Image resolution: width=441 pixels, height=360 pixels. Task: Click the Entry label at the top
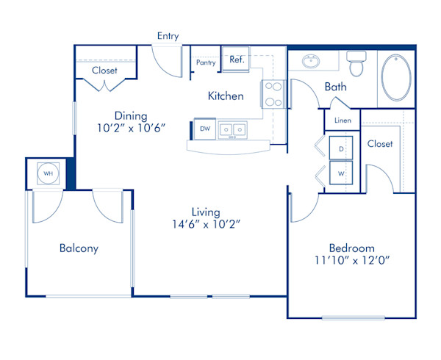click(x=168, y=36)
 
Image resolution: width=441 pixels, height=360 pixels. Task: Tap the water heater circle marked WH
click(x=48, y=173)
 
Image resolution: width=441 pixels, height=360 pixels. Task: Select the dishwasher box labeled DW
click(x=205, y=129)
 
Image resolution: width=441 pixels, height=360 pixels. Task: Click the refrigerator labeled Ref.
click(x=237, y=60)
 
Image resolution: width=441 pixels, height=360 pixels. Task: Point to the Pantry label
click(x=207, y=63)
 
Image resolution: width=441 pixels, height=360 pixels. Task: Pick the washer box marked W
click(x=341, y=173)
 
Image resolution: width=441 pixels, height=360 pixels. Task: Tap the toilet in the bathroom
click(x=356, y=64)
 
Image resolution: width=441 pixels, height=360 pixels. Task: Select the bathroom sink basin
click(x=312, y=60)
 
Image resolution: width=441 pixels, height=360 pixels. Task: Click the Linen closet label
click(x=343, y=120)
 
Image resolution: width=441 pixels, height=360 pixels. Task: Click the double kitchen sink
click(x=234, y=129)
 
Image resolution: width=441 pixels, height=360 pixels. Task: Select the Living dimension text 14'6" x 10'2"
click(x=204, y=223)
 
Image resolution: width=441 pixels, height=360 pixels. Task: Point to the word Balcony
click(x=79, y=248)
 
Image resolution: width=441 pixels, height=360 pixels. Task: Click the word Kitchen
click(x=226, y=96)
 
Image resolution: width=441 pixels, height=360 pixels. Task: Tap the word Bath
click(x=336, y=87)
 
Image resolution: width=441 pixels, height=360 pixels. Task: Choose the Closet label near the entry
click(x=104, y=71)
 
